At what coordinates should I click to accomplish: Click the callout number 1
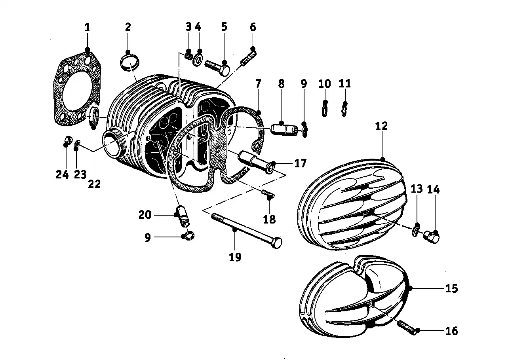pyautogui.click(x=87, y=28)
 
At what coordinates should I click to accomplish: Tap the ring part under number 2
pyautogui.click(x=129, y=62)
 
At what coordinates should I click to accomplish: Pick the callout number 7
pyautogui.click(x=258, y=84)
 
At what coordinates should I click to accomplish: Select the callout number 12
pyautogui.click(x=381, y=126)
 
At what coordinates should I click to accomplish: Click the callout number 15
pyautogui.click(x=452, y=288)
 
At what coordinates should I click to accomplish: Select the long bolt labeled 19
pyautogui.click(x=247, y=231)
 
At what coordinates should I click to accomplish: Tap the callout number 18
pyautogui.click(x=269, y=220)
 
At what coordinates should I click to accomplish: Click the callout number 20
pyautogui.click(x=145, y=215)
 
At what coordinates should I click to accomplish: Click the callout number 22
pyautogui.click(x=94, y=184)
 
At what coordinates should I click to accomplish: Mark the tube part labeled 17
pyautogui.click(x=255, y=162)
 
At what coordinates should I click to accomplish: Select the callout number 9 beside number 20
pyautogui.click(x=148, y=238)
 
